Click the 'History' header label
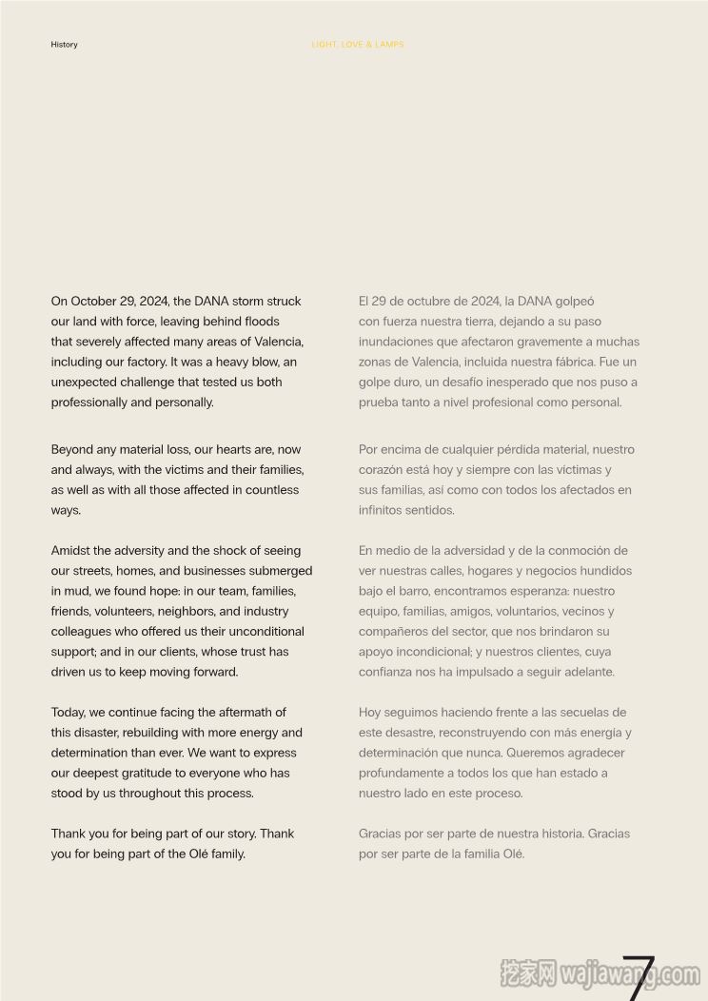pyautogui.click(x=64, y=45)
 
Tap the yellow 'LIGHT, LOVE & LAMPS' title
pyautogui.click(x=358, y=45)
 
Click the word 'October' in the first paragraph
pyautogui.click(x=93, y=301)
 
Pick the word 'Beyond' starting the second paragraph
pyautogui.click(x=72, y=449)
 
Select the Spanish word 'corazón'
pyautogui.click(x=382, y=469)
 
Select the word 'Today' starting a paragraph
pyautogui.click(x=68, y=712)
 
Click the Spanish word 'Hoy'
pyautogui.click(x=370, y=712)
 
